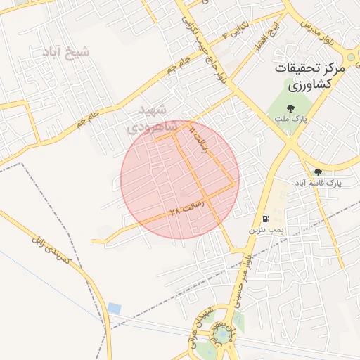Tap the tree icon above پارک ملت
pos(290,108)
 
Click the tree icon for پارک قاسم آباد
pos(318,172)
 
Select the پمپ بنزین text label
pos(266,230)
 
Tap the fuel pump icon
pos(265,219)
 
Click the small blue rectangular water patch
pos(114,308)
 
